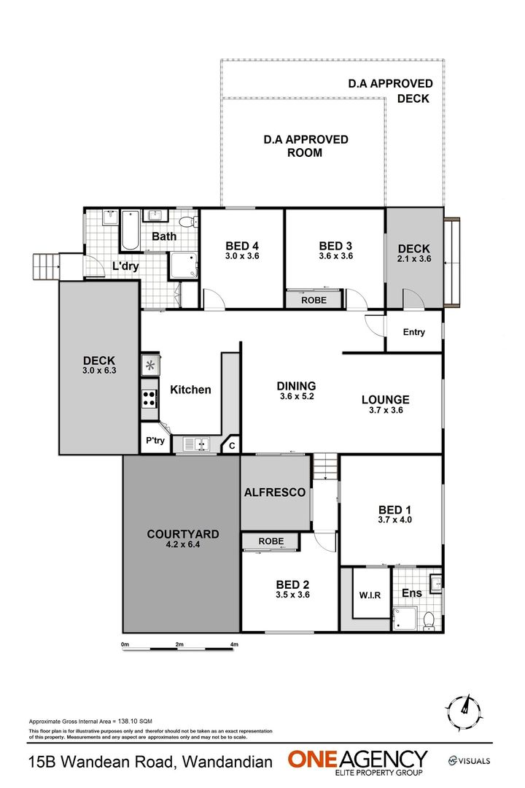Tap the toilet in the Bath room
187,221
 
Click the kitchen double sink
196,444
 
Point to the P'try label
155,441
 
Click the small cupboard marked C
231,445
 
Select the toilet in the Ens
429,621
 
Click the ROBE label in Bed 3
314,300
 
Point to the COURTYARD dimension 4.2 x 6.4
182,544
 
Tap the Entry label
413,332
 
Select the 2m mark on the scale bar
179,645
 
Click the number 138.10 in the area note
121,719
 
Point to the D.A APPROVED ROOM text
306,146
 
